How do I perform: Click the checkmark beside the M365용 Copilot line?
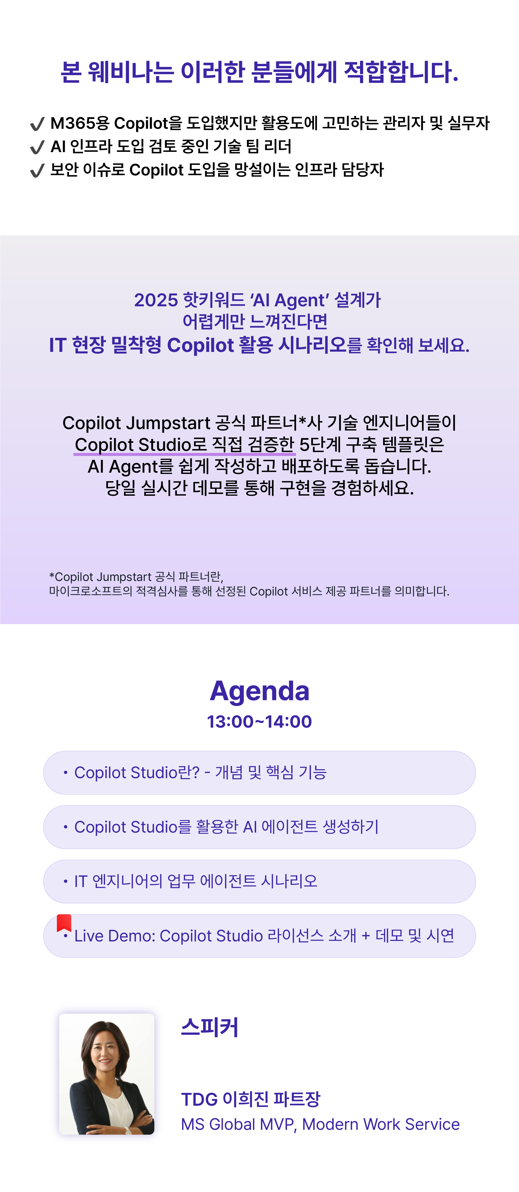coord(37,124)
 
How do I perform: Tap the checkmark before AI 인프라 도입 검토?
coord(37,147)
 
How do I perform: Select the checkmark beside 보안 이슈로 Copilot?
coord(37,170)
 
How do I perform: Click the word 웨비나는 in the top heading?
coord(131,72)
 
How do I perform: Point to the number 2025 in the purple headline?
coord(156,300)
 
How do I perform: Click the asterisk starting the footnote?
coord(52,576)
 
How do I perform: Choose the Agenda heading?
coord(260,691)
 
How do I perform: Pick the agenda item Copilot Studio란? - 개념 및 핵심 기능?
coord(259,773)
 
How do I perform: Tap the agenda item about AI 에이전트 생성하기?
coord(259,827)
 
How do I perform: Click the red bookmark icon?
coord(64,923)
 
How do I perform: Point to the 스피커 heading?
coord(210,1027)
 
